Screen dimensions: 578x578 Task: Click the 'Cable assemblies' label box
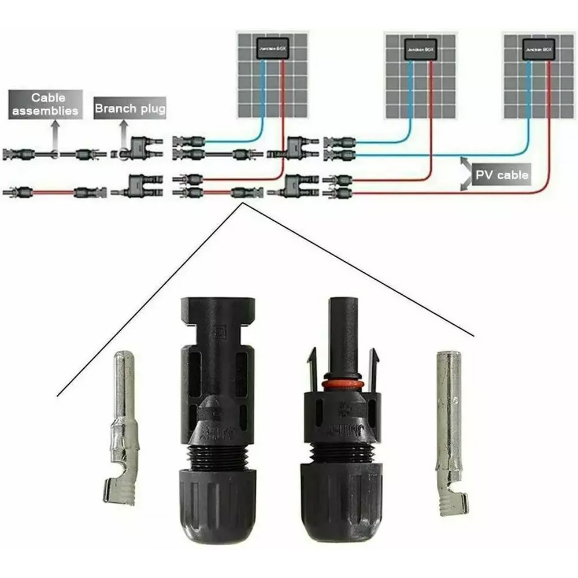tap(46, 105)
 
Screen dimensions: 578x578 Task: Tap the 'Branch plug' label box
tap(130, 108)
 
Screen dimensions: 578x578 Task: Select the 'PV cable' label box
tap(501, 175)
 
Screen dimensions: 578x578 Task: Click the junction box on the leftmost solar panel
tap(269, 49)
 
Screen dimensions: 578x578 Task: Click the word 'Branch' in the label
tap(113, 108)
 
